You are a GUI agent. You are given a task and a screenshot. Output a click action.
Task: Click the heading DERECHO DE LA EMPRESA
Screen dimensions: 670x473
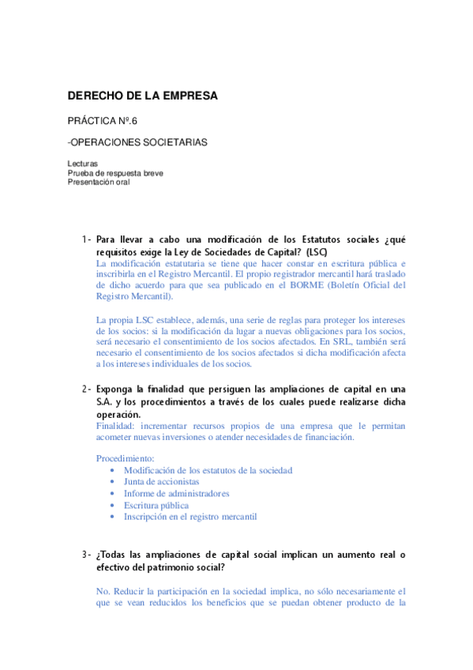[x=142, y=96]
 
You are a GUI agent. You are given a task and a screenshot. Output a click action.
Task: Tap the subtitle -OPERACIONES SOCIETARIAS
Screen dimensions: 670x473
[x=137, y=142]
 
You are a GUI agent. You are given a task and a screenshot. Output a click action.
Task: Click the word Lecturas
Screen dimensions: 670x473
[x=83, y=164]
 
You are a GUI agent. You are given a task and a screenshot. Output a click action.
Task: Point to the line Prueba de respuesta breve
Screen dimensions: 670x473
[x=115, y=172]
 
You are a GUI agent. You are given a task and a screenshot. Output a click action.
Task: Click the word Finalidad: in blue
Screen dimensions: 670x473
[x=117, y=425]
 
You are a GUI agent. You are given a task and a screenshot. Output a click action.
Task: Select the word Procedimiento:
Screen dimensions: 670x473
[x=126, y=458]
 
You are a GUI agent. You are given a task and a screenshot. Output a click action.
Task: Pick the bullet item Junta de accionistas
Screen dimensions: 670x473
[x=161, y=481]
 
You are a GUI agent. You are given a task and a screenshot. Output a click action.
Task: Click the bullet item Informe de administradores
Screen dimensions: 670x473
[x=176, y=493]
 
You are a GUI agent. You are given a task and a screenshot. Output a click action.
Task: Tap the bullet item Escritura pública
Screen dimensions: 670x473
[x=156, y=505]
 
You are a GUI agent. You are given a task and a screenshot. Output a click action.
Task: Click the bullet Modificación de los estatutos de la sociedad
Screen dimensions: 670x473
[x=208, y=470]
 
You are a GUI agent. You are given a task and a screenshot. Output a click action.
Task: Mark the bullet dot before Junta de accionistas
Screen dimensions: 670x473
[x=114, y=481]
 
